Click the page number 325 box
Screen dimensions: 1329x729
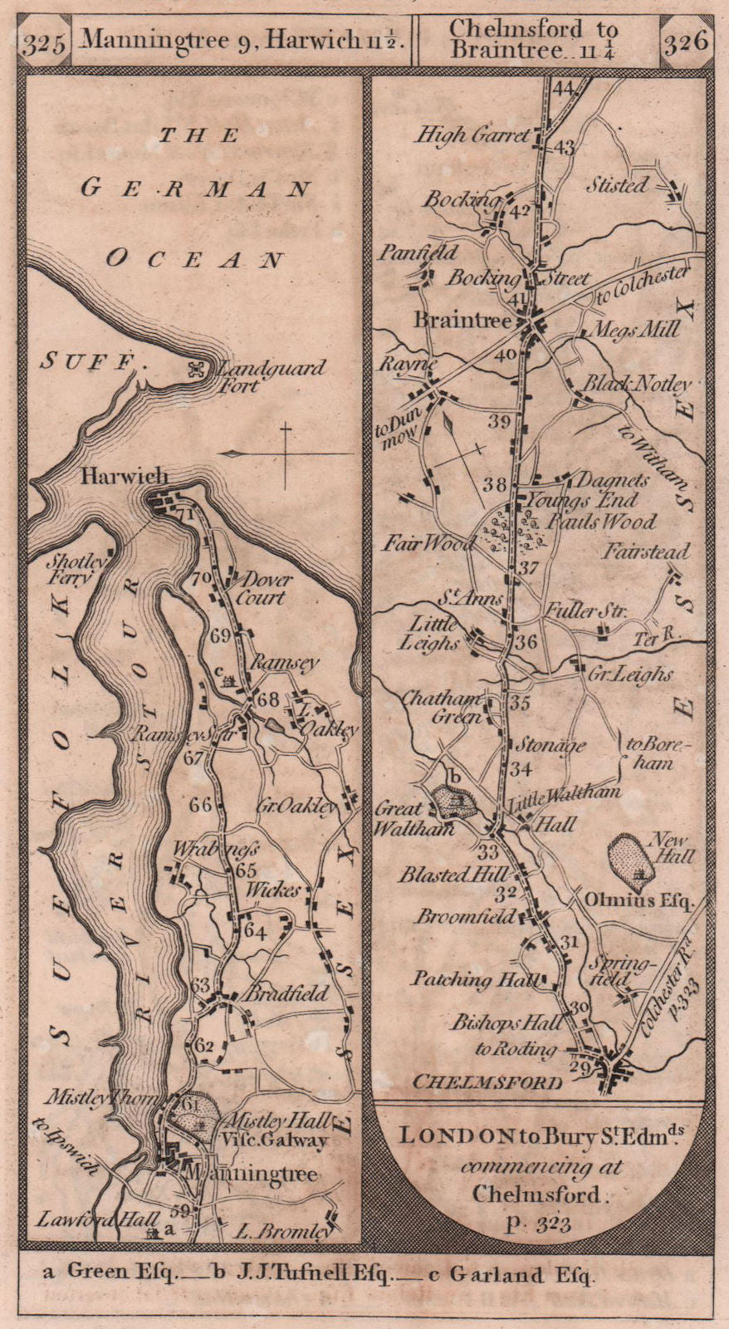[46, 44]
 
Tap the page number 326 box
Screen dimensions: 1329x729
[686, 40]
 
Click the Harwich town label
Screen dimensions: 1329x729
[125, 476]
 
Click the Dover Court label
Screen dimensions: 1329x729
[261, 588]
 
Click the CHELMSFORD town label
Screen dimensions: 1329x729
[487, 1082]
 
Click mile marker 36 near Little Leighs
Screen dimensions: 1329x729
[526, 642]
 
